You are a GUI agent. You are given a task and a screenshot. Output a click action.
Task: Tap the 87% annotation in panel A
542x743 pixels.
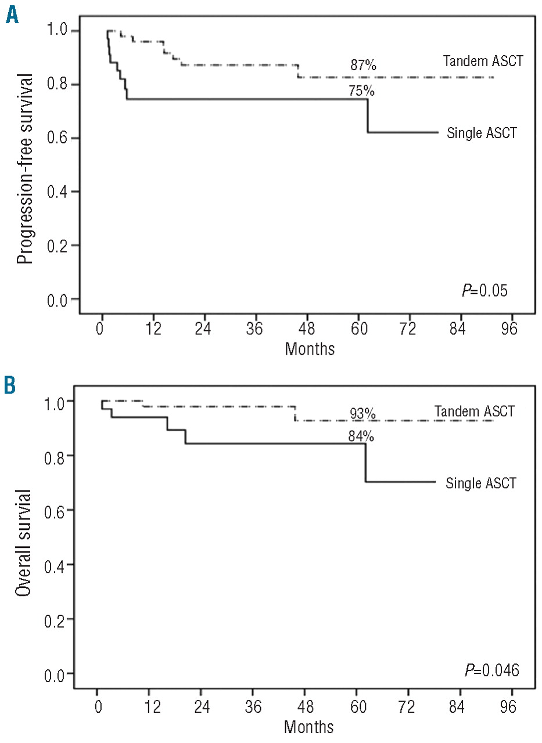(362, 66)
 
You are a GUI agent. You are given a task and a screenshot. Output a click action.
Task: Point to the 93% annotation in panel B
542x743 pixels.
(362, 413)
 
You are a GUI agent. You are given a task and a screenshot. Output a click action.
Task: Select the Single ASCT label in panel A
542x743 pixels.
(482, 134)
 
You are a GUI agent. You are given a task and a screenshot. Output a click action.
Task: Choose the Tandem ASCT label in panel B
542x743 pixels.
(474, 412)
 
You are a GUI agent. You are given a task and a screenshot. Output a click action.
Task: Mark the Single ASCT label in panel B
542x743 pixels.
(481, 483)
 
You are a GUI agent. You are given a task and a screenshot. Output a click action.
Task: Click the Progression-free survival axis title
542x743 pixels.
(24, 165)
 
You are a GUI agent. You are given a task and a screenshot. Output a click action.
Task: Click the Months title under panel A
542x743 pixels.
(310, 349)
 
